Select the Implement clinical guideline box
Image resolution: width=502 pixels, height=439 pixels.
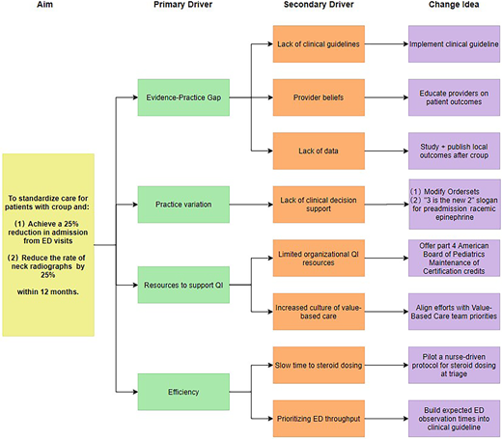coord(454,44)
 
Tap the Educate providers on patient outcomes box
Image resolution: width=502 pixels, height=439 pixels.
coord(454,96)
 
